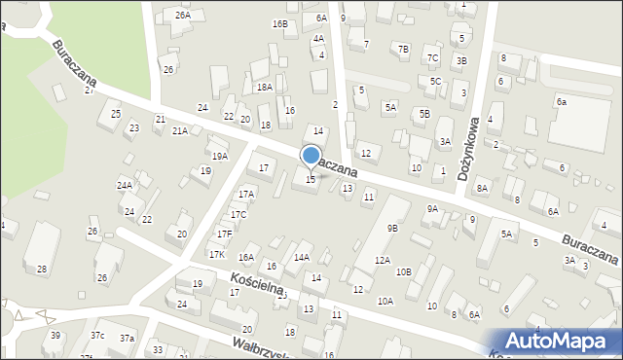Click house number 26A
[x=182, y=16]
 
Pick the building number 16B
[x=280, y=23]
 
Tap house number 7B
[x=403, y=49]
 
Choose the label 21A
[x=180, y=130]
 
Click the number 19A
[x=220, y=156]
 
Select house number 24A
[x=125, y=185]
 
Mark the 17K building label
[x=217, y=254]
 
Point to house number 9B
[x=391, y=228]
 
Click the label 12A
[x=383, y=260]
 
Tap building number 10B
[x=403, y=271]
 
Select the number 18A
[x=264, y=87]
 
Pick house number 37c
[x=97, y=335]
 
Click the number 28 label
[x=42, y=269]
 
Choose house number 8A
[x=481, y=188]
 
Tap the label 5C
[x=435, y=81]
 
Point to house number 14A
[x=302, y=257]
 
